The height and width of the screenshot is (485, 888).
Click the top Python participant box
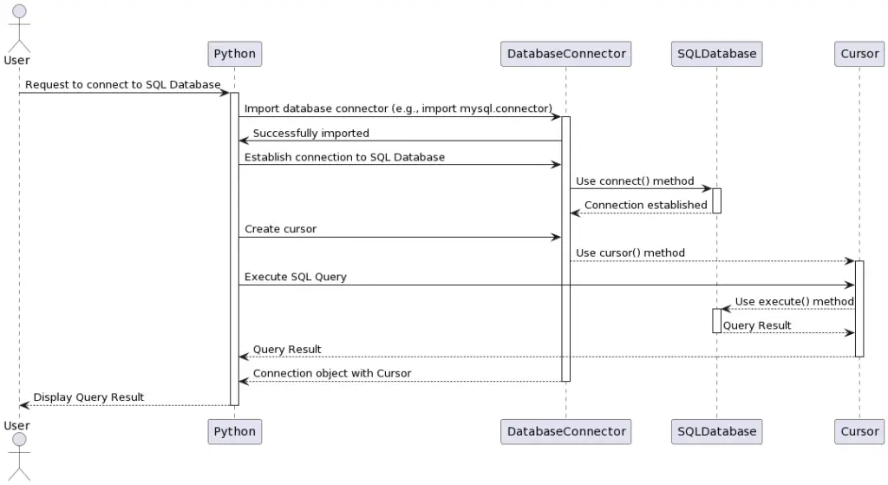234,54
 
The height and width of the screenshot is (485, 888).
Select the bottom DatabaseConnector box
565,431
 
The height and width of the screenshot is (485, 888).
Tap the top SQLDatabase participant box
716,54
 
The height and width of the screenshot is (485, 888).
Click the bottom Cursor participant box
859,431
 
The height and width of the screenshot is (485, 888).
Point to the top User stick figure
17,26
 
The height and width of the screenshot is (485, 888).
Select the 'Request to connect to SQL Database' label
122,84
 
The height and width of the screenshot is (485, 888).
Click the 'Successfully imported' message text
310,133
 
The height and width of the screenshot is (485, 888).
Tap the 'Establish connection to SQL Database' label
344,157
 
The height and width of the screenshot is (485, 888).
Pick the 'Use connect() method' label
635,180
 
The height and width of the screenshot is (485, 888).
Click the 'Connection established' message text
645,205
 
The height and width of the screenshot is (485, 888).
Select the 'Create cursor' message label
280,229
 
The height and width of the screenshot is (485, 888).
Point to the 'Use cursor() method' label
630,252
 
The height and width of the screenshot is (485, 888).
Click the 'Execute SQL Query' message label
295,277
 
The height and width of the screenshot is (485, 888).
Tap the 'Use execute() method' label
794,301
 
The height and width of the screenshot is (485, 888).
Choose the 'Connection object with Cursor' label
331,373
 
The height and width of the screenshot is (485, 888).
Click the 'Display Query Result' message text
88,397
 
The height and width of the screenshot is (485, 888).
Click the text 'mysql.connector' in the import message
506,108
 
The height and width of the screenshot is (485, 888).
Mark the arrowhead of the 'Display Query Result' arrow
23,405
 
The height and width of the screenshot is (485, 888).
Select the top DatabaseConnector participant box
565,54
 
